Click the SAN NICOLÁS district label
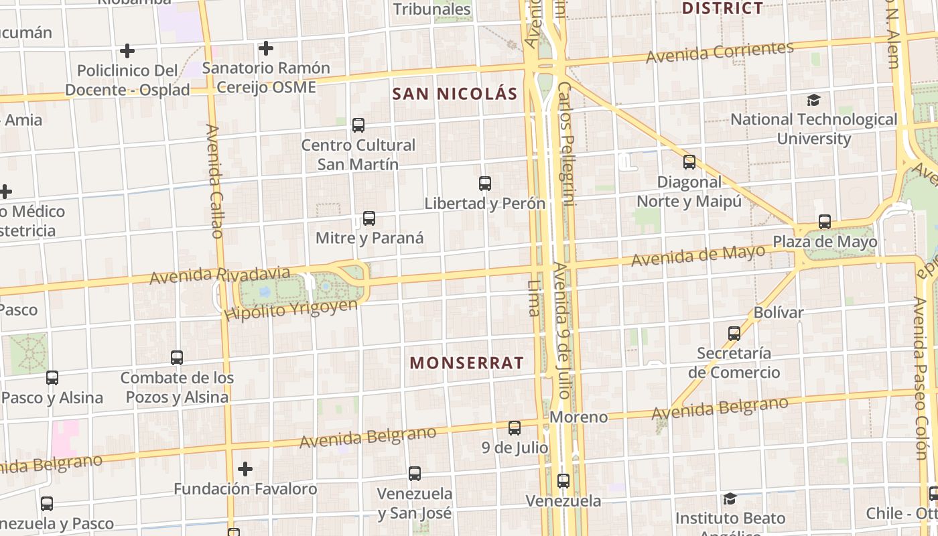455,94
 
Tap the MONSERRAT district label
467,363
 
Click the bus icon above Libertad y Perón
485,184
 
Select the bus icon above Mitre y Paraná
369,218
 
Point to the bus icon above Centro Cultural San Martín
358,125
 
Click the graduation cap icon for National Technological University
813,100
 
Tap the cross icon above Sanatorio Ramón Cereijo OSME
266,48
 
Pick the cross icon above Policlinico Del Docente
127,51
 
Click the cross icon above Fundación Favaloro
245,469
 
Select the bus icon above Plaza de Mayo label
825,222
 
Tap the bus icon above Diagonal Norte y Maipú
689,162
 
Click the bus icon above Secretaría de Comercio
734,333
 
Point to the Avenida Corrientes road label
720,52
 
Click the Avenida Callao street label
214,181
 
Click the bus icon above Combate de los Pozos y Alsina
177,358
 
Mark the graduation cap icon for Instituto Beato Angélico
730,499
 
